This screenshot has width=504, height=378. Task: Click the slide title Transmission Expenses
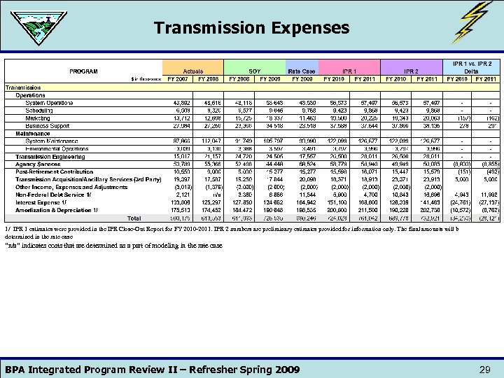[251, 28]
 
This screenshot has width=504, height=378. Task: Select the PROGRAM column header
[83, 71]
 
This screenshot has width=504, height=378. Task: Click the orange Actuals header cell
[192, 71]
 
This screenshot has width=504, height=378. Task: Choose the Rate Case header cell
[302, 71]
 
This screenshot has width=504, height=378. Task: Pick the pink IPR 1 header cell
[349, 71]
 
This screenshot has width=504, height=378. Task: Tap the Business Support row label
[48, 125]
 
